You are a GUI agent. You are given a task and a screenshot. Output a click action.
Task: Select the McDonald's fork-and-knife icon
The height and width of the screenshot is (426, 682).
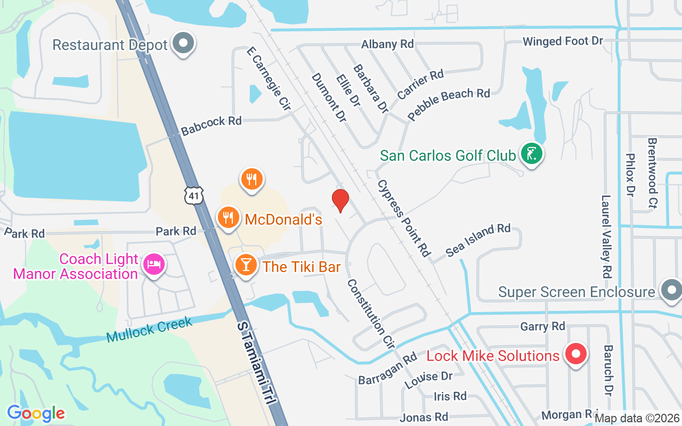click(x=228, y=218)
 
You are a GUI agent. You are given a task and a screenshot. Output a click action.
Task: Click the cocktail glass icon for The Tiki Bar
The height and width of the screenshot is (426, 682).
click(x=246, y=265)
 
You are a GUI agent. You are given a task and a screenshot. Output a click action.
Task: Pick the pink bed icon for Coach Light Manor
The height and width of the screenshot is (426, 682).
click(x=154, y=265)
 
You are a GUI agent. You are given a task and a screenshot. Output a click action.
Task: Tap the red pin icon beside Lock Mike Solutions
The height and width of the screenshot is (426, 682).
click(x=575, y=354)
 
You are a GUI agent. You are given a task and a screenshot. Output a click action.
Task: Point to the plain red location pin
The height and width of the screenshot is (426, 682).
click(x=340, y=200)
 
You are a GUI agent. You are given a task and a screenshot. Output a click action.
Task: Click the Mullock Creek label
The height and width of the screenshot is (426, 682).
click(x=149, y=326)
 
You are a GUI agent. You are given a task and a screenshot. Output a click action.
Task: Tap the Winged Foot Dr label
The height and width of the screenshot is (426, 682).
click(x=563, y=41)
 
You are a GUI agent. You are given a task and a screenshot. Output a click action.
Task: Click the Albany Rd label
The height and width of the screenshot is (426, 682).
click(x=387, y=44)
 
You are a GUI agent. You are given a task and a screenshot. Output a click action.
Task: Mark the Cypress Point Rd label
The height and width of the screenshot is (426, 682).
click(x=403, y=218)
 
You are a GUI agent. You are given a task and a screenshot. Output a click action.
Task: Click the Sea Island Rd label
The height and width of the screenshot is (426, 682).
click(x=478, y=240)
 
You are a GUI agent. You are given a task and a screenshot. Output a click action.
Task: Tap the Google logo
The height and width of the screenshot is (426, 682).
click(x=36, y=413)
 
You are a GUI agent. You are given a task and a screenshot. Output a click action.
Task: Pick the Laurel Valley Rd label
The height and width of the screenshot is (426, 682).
click(x=606, y=237)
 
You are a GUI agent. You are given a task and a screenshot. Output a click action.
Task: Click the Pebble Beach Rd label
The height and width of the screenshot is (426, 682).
click(x=449, y=104)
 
